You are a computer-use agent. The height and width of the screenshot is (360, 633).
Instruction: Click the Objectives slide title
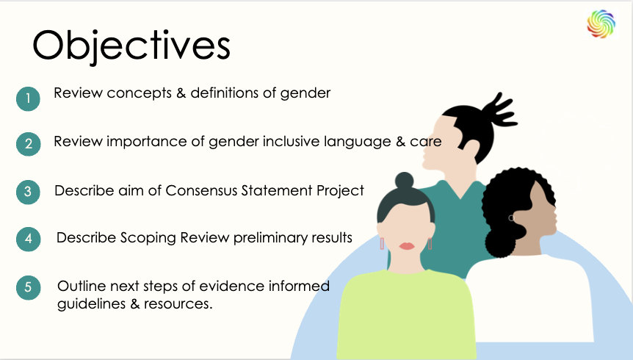point(131,46)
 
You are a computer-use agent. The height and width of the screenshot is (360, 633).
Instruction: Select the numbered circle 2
point(28,144)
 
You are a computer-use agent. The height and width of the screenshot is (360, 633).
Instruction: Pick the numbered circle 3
point(28,192)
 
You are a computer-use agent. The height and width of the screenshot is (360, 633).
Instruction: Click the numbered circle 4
point(28,240)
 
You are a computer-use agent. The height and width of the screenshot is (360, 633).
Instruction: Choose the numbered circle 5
point(28,287)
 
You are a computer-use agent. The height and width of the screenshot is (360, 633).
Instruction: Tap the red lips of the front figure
point(406,246)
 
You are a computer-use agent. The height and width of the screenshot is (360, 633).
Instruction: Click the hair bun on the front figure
point(405,181)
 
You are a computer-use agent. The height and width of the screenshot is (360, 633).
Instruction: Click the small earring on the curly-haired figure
point(511,217)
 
